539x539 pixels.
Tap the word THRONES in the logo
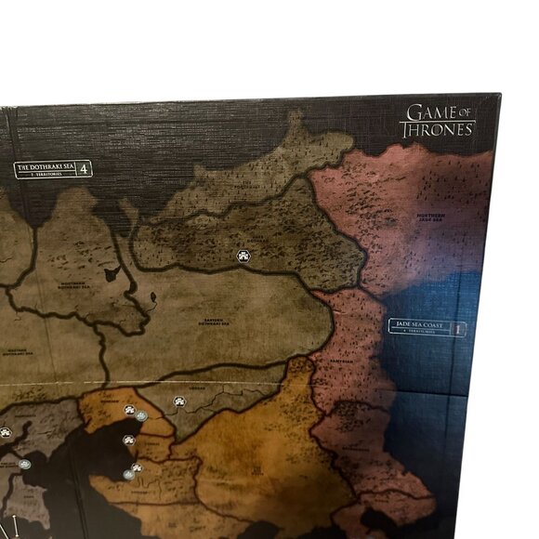[x=438, y=129]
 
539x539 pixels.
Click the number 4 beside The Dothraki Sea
[x=85, y=169]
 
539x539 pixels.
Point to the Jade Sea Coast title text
[x=421, y=325]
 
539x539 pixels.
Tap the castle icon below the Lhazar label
[x=178, y=401]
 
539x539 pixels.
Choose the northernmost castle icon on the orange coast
[x=129, y=410]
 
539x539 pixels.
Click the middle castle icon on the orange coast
[x=129, y=439]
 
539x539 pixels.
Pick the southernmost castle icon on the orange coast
[x=137, y=467]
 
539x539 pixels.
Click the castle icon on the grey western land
[x=5, y=431]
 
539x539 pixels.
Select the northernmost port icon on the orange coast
[x=140, y=416]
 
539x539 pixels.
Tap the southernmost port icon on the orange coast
[x=128, y=474]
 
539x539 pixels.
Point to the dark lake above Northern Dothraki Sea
[x=112, y=274]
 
